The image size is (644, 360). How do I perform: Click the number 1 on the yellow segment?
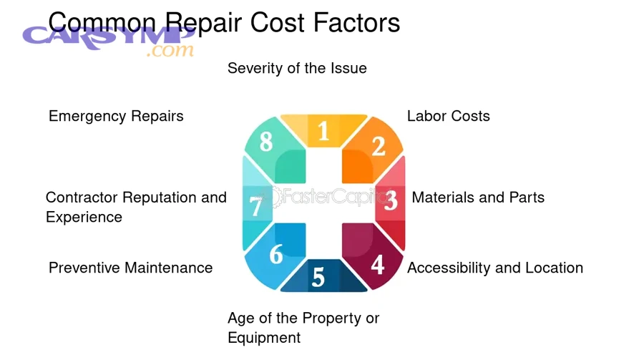(323, 131)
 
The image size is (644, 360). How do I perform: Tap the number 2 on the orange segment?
(379, 146)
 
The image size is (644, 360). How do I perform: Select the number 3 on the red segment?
(391, 200)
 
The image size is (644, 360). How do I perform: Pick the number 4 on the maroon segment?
(377, 265)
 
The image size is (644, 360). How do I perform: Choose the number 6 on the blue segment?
(275, 253)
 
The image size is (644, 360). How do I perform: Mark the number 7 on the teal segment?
(255, 207)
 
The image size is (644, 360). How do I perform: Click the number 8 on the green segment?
(266, 142)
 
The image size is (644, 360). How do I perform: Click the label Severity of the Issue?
(297, 68)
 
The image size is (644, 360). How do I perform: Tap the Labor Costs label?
(449, 116)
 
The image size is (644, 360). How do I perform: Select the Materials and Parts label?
(478, 197)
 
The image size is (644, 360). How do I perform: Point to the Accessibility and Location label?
(495, 268)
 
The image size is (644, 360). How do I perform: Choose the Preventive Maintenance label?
(131, 268)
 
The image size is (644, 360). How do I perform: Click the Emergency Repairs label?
(116, 116)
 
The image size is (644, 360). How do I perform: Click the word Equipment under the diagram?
(264, 337)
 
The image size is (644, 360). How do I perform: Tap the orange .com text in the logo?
(170, 51)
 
